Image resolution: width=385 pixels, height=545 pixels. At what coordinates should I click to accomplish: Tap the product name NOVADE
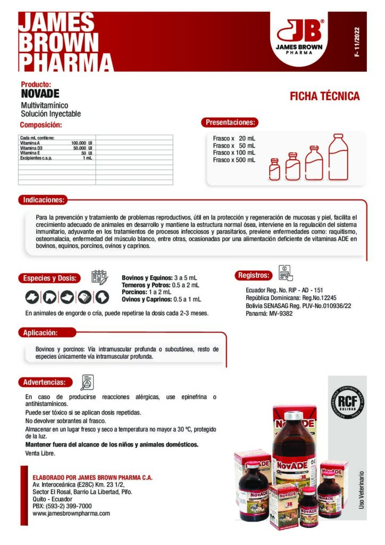click(x=40, y=94)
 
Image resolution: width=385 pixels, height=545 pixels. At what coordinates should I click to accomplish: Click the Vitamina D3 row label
click(x=31, y=148)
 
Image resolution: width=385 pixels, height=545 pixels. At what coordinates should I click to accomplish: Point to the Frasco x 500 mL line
click(x=234, y=160)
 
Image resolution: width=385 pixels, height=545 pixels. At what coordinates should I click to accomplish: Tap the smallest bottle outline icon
click(x=274, y=170)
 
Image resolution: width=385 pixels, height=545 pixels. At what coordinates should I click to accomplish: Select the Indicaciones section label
click(x=44, y=200)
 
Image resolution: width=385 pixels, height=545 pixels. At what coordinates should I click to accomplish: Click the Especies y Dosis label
click(x=51, y=278)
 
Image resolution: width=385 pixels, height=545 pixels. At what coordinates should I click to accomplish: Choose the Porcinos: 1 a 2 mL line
click(x=147, y=292)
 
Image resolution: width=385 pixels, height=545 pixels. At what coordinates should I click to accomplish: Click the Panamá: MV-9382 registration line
click(x=269, y=313)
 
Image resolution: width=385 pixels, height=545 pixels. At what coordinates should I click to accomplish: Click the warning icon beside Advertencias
click(x=87, y=382)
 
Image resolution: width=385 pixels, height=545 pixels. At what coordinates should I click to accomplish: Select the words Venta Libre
click(x=40, y=453)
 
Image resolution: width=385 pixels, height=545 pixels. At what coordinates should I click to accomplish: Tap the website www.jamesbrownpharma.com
click(x=71, y=514)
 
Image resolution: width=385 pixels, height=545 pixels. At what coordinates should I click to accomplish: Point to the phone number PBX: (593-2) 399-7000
click(x=62, y=506)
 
